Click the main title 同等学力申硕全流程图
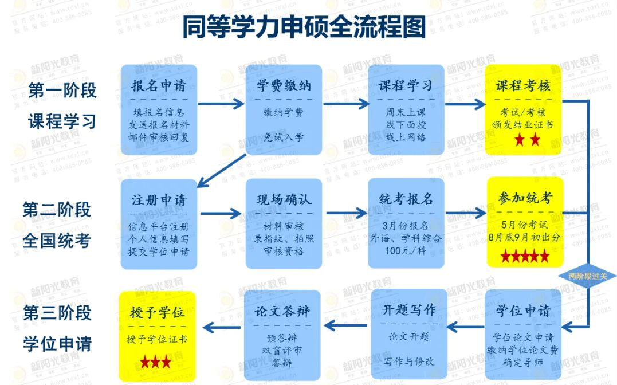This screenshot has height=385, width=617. click(x=304, y=27)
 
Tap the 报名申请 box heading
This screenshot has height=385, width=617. click(x=159, y=86)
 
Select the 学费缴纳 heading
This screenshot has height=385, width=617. click(x=284, y=86)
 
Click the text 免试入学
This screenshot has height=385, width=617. click(x=284, y=137)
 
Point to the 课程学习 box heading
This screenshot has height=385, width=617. click(x=406, y=86)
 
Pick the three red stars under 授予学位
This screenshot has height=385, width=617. click(x=156, y=362)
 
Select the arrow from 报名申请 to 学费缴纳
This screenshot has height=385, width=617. click(x=221, y=104)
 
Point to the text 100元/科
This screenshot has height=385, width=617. click(x=406, y=251)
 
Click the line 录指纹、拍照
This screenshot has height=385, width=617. click(x=284, y=239)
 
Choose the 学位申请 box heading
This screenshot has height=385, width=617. click(x=522, y=311)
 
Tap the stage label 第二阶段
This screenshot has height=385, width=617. click(x=57, y=209)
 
